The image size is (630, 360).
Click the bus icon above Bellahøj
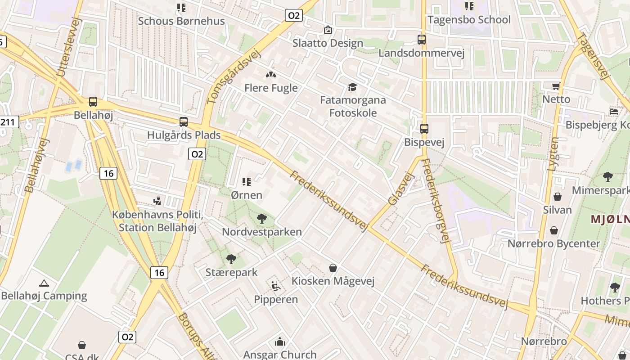(93, 102)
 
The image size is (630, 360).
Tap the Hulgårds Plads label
(184, 135)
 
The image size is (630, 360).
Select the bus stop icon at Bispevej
(424, 129)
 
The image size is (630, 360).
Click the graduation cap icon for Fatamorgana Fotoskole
(352, 87)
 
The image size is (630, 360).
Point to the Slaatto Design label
(328, 43)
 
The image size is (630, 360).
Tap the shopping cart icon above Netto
(556, 86)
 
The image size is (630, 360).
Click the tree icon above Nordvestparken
(261, 219)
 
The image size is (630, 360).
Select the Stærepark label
(231, 272)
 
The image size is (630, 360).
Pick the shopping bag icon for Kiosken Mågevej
(333, 268)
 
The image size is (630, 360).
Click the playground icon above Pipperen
(276, 286)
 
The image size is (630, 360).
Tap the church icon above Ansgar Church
(280, 342)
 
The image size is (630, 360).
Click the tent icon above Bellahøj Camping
(44, 283)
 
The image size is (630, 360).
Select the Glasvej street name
(400, 190)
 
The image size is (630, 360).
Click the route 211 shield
(9, 121)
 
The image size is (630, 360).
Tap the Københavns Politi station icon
(157, 201)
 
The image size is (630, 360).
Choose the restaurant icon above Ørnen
(246, 182)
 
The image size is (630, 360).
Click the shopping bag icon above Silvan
(557, 197)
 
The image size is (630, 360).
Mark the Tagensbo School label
(469, 20)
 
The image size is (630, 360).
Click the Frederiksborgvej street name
(436, 201)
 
